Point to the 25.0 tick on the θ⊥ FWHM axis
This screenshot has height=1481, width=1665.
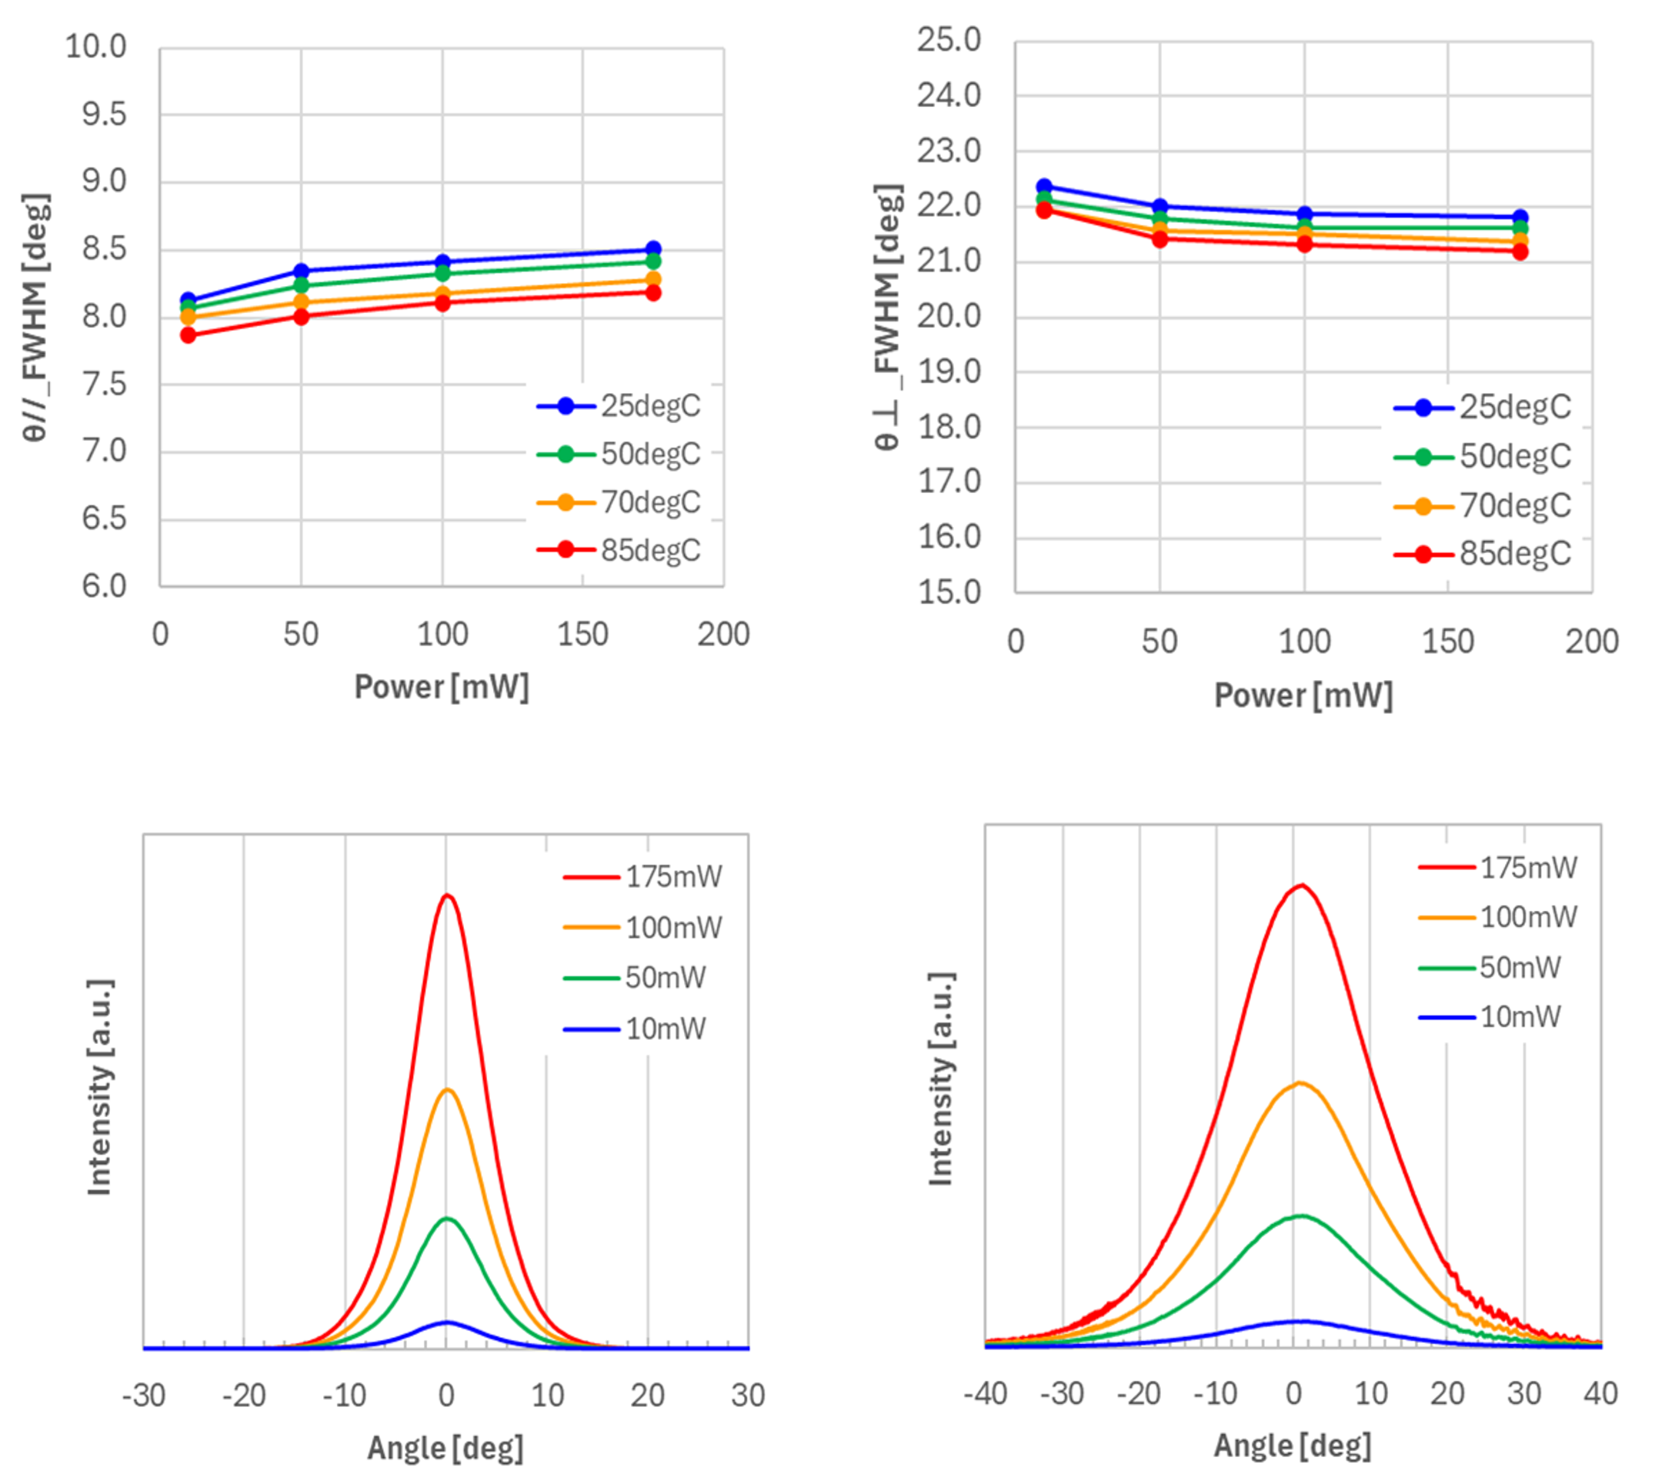[949, 40]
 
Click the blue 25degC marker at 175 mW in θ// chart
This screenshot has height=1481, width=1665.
[652, 249]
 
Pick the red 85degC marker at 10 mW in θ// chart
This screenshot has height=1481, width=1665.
[189, 335]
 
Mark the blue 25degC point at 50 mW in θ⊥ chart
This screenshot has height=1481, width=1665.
[1160, 207]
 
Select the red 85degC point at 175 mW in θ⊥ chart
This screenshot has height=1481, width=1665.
[1520, 252]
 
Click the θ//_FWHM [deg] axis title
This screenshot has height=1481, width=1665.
[37, 318]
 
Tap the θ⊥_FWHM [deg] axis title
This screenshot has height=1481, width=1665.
[889, 318]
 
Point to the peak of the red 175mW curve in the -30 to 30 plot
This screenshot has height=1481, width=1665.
[446, 896]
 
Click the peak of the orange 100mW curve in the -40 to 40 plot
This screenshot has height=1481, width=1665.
[1300, 1082]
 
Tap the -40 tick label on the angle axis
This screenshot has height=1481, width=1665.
[986, 1394]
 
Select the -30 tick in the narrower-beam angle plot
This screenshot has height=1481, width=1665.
[144, 1396]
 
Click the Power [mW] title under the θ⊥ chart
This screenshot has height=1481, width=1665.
[1303, 695]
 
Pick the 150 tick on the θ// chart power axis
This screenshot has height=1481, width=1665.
[582, 635]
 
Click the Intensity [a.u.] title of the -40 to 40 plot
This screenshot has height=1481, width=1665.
[941, 1079]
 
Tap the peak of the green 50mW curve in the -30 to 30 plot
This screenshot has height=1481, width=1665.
[446, 1219]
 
